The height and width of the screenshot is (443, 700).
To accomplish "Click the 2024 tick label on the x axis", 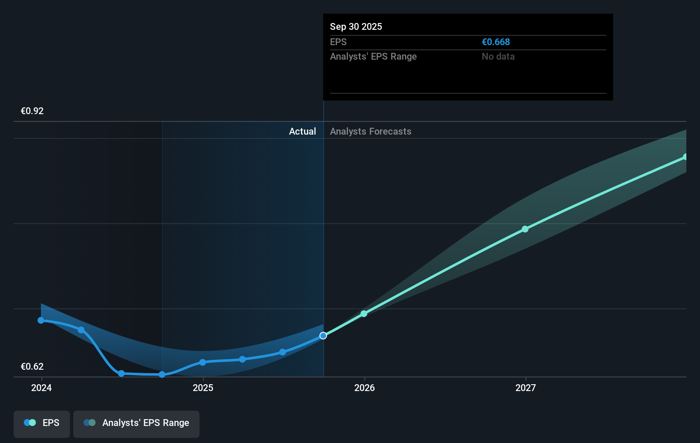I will coord(41,388).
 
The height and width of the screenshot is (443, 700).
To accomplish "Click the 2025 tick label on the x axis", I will coord(203,388).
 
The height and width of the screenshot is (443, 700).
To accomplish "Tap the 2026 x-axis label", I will coord(364,388).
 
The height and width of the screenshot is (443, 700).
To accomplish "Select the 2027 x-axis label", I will coord(526,388).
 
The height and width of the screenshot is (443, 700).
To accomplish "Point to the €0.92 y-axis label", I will coord(32,111).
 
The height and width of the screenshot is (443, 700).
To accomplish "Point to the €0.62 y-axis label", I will coord(32,367).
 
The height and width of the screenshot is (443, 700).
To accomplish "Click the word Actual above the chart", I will coord(302,132).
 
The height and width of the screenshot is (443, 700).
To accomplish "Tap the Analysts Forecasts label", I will coord(370,132).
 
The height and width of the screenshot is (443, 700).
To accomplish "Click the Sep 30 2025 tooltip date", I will coord(356,27).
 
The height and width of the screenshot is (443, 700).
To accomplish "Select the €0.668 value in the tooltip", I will coord(496,42).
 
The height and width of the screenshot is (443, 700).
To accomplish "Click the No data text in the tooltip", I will coord(498,57).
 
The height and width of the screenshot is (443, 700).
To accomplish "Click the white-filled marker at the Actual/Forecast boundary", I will coord(323,336).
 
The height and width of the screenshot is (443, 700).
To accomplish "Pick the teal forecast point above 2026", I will coord(364,314).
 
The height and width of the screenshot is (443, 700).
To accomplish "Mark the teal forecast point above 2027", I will coord(525,229).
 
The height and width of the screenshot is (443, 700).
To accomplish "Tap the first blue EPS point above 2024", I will coord(41,320).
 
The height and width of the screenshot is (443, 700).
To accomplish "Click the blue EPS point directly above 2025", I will coord(202,362).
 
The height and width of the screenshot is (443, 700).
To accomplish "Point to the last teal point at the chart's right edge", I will coord(685,157).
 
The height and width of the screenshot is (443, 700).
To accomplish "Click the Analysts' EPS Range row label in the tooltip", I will coord(373,57).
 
